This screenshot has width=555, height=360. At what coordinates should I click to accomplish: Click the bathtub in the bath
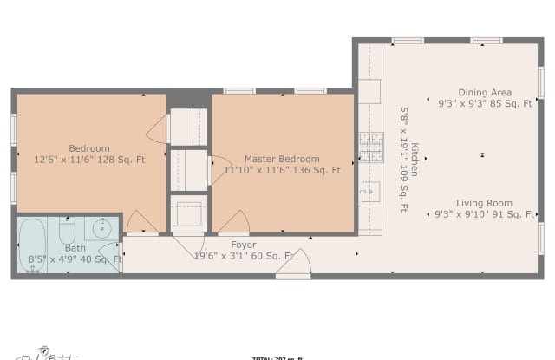(32, 246)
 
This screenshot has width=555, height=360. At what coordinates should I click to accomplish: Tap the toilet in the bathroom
(68, 232)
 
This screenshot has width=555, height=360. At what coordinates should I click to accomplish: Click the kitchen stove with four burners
(370, 147)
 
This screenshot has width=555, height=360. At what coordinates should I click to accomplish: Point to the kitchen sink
(369, 192)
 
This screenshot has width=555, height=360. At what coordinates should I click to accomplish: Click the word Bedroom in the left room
(89, 147)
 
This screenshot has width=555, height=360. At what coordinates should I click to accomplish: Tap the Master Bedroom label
(281, 159)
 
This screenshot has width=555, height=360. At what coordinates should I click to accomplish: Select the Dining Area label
(486, 92)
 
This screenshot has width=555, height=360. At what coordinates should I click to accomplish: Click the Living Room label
(485, 203)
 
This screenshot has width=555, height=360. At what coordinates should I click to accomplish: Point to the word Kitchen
(415, 160)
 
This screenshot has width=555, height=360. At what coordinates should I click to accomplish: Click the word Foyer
(244, 245)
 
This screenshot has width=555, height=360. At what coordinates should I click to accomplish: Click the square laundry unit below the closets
(189, 213)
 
